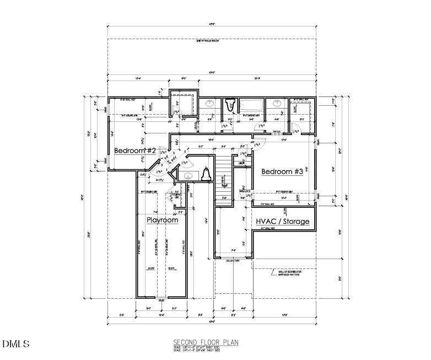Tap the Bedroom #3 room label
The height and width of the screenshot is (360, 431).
[x=282, y=171]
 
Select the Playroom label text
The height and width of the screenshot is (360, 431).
[x=163, y=220]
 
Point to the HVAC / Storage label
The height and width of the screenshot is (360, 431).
[x=283, y=222]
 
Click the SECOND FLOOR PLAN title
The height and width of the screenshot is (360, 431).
[x=206, y=342]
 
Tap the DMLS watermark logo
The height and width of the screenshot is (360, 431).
[x=16, y=344]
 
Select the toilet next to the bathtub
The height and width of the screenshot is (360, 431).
[x=230, y=104]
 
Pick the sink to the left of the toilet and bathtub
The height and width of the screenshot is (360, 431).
[x=210, y=104]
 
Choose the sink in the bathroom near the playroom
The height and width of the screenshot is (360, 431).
[x=188, y=176]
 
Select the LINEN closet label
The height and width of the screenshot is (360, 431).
[x=241, y=163]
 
